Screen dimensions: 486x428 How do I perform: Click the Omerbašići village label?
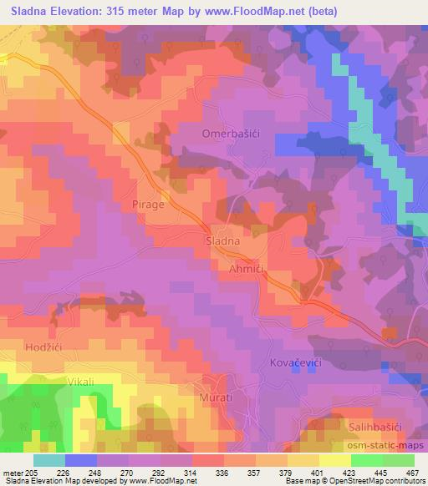pyautogui.click(x=231, y=134)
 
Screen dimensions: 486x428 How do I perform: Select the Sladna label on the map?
pyautogui.click(x=223, y=240)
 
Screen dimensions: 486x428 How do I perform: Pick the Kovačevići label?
pyautogui.click(x=296, y=364)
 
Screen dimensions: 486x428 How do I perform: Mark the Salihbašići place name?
pyautogui.click(x=375, y=426)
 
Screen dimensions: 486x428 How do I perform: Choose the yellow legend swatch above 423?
pyautogui.click(x=334, y=460)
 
